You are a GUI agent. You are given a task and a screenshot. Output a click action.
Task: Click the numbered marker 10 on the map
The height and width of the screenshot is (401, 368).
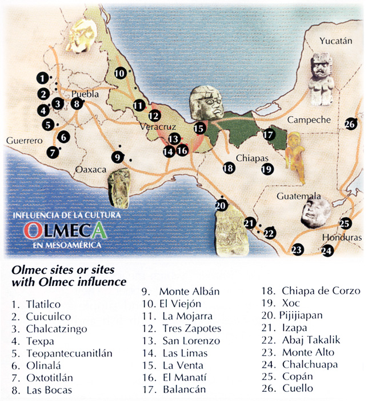point(120,73)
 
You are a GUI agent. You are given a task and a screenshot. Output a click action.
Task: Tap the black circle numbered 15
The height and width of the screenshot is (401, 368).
point(199,128)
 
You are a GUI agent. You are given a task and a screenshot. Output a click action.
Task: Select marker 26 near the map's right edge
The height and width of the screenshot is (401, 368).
point(351,124)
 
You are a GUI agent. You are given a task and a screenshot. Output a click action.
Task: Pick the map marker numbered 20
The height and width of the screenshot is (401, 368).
point(221,206)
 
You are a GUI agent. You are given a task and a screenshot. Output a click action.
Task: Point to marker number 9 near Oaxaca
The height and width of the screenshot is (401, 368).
point(117,156)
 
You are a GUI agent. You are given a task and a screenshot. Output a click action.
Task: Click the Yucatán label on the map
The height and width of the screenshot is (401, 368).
point(334,41)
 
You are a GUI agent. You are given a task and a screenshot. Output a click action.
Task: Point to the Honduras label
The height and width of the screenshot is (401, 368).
point(342,237)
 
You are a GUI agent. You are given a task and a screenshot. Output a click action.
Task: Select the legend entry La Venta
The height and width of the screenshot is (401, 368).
point(180,364)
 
